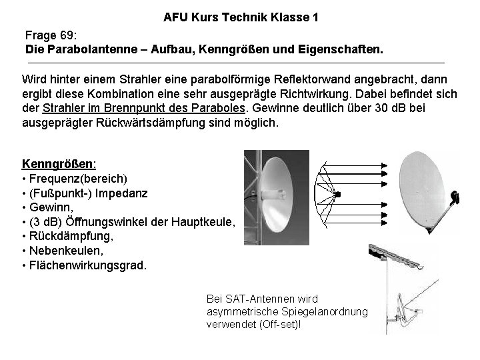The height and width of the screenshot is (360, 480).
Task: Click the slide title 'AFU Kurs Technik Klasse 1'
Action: pos(240,18)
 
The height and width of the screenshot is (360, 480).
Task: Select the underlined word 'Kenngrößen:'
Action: pos(59,163)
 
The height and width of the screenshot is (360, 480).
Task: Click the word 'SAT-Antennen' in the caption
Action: pos(254,298)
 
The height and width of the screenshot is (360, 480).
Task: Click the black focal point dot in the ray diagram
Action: pos(339,193)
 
